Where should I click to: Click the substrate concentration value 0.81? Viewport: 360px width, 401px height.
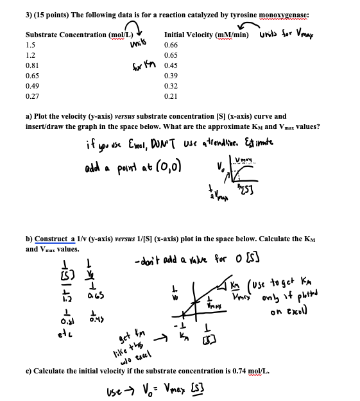point(31,65)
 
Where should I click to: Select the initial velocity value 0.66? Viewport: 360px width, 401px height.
point(171,46)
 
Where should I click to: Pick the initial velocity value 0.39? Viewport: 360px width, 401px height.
point(171,76)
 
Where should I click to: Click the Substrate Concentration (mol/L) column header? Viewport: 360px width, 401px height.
point(80,35)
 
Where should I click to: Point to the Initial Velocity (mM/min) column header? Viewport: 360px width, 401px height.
point(207,35)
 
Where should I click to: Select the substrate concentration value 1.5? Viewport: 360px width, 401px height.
point(30,46)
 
